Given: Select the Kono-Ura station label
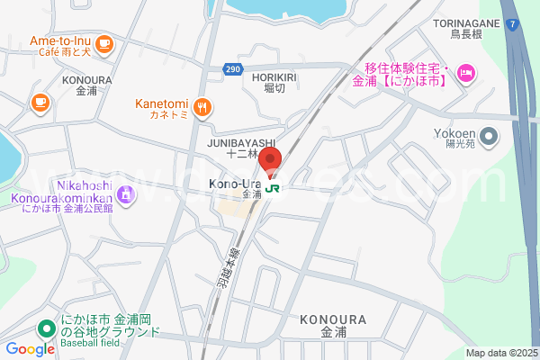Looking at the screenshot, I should pos(235,184).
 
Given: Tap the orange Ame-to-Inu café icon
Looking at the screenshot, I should pos(104,41).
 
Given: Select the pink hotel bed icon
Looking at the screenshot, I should pos(465,73).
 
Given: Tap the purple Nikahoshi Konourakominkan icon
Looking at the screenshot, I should pos(127,192).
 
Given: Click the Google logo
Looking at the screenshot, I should pos(31,349).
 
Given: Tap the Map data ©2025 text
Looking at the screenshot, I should pos(501,353).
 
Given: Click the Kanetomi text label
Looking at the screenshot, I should pos(162,103).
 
